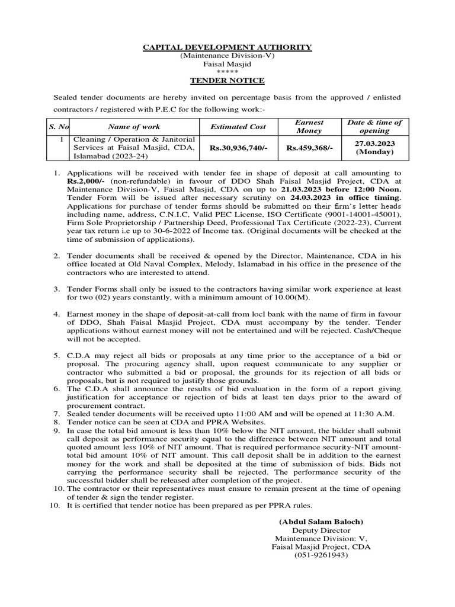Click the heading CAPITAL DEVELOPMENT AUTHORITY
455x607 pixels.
point(227,47)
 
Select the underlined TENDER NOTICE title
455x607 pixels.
point(227,81)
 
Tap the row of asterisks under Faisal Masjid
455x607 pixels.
point(227,71)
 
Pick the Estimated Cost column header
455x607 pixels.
point(238,126)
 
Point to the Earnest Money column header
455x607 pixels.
point(309,126)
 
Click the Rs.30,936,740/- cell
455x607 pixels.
point(238,148)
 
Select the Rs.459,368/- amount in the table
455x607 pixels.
point(309,148)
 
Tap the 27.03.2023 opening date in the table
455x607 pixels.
point(374,143)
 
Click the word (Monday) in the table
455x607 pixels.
point(374,152)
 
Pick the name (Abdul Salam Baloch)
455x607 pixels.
point(321,522)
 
